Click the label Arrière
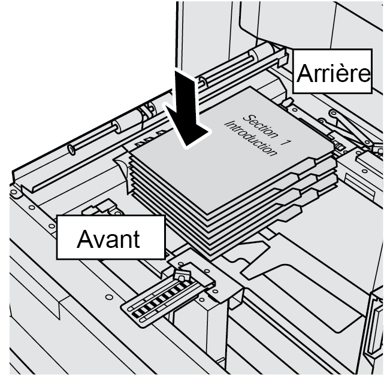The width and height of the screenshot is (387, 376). (332, 74)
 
